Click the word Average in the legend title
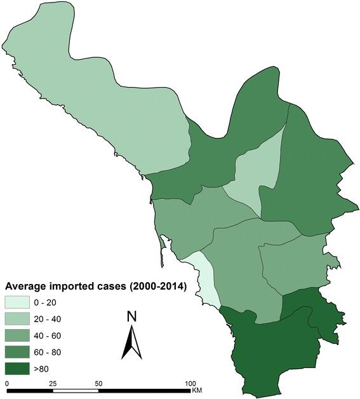pyautogui.click(x=29, y=287)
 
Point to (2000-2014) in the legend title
pyautogui.click(x=154, y=287)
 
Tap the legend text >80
pyautogui.click(x=59, y=368)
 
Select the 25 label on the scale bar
pyautogui.click(x=52, y=384)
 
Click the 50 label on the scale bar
pyautogui.click(x=98, y=384)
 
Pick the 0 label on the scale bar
pyautogui.click(x=6, y=384)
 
